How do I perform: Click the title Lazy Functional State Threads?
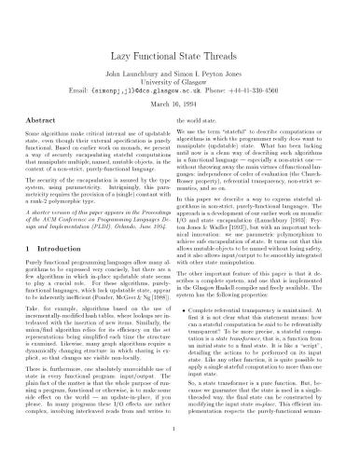(179, 37)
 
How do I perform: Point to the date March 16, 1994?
(179, 92)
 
